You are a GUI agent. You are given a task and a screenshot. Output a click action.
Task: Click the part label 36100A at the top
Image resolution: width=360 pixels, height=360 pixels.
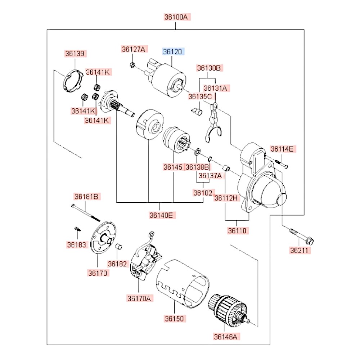(176, 17)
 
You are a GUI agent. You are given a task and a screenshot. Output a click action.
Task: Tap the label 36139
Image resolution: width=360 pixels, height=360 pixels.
(75, 54)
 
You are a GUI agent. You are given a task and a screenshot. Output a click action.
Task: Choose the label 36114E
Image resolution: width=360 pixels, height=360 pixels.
(283, 149)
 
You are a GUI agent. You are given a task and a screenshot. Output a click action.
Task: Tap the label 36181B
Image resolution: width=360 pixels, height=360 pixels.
(87, 197)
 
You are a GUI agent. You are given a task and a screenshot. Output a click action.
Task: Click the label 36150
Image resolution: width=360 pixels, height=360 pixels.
(175, 319)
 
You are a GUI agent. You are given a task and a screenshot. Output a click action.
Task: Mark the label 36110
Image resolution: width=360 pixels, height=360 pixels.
(238, 231)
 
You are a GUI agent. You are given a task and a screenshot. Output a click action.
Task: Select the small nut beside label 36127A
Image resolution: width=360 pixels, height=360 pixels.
(132, 65)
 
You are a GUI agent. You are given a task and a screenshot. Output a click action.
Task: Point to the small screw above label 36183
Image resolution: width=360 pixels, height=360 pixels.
(77, 229)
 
